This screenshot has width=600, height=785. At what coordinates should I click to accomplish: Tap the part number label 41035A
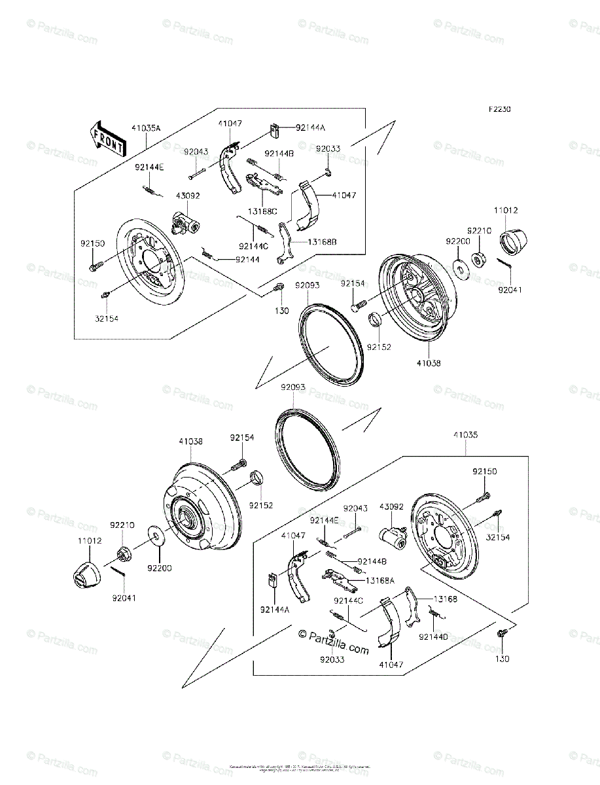coord(145,129)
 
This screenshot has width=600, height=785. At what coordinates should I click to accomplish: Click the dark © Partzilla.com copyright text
coord(334,642)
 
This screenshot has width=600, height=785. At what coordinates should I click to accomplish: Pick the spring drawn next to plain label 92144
coord(209,254)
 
